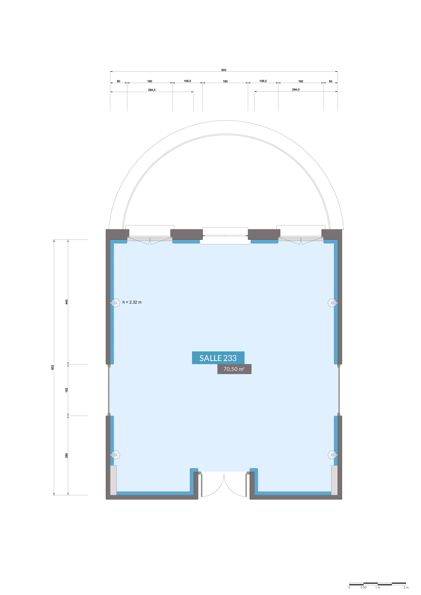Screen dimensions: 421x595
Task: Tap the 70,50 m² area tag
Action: pos(234,369)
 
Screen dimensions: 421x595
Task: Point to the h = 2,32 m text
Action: pos(132,302)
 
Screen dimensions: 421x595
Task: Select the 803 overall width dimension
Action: pos(224,70)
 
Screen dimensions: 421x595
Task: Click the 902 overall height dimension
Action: pos(52,367)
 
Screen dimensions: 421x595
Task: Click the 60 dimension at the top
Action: pos(118,81)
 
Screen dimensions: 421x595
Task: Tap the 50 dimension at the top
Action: pos(331,81)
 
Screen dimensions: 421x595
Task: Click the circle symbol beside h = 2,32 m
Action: pos(116,303)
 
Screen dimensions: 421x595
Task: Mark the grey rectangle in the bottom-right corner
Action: pos(334,480)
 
